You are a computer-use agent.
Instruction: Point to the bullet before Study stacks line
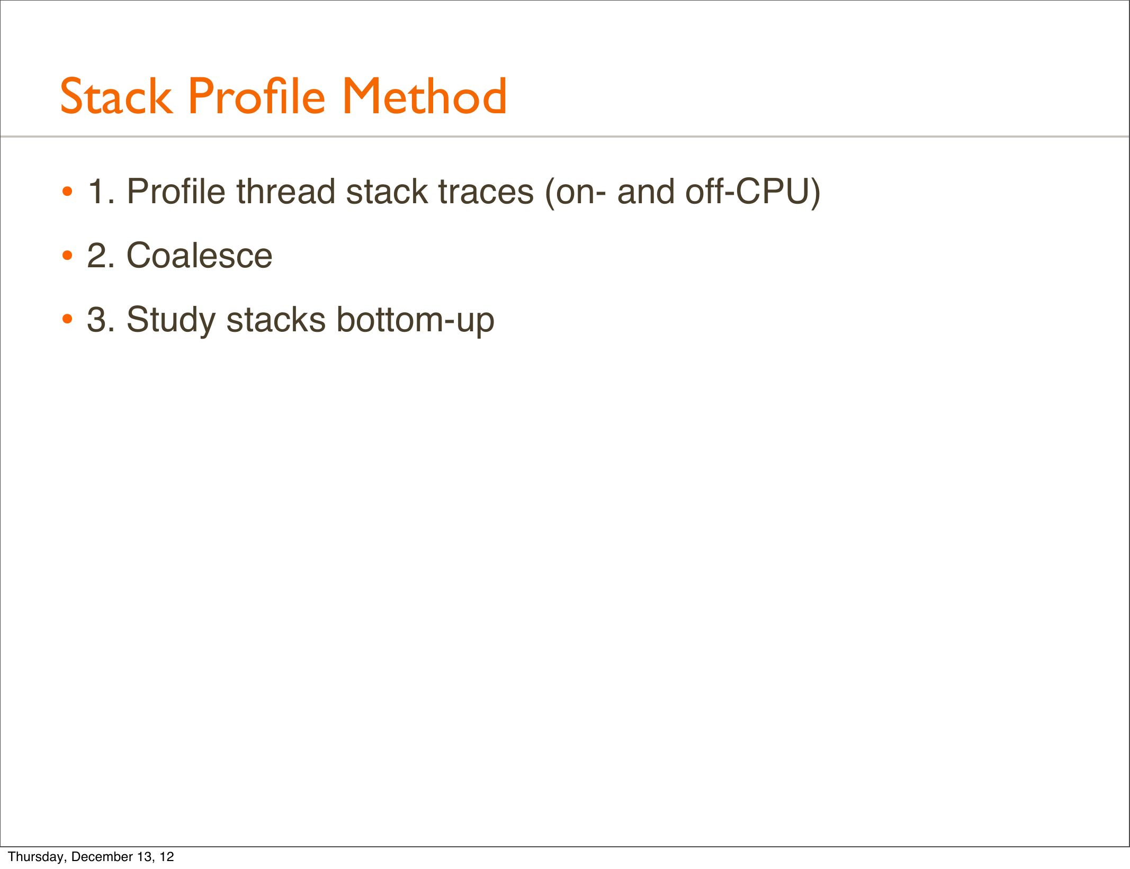67,320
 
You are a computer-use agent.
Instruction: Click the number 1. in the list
102,191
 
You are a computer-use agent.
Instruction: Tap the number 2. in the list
101,256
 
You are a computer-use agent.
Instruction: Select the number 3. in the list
101,320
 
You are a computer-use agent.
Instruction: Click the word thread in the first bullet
285,191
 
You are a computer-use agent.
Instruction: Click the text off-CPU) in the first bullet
753,192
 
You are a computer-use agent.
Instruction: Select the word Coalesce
200,256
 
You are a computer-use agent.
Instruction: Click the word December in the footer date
102,856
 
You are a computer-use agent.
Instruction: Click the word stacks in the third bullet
276,320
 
